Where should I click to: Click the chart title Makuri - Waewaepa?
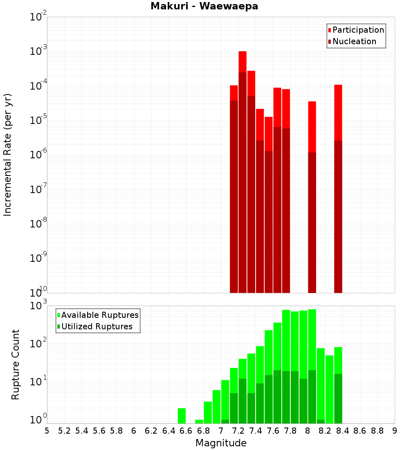pos(204,6)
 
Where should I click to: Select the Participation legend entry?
pos(358,30)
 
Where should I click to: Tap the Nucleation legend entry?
pos(354,41)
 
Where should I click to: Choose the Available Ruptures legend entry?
pos(99,315)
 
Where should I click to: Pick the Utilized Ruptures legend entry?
pos(97,326)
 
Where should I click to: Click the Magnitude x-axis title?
pos(221,443)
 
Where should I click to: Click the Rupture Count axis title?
pos(16,364)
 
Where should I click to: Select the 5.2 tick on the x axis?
pos(65,431)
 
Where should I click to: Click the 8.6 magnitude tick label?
pos(360,431)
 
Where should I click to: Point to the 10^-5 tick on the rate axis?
pos(38,120)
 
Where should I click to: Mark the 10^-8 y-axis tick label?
pos(38,224)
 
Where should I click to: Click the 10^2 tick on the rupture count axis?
pos(38,344)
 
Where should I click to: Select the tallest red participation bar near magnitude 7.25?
pos(243,61)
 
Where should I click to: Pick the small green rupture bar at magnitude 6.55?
pos(182,416)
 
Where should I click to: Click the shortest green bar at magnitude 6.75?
pos(199,421)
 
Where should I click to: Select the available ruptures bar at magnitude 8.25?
pos(329,389)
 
